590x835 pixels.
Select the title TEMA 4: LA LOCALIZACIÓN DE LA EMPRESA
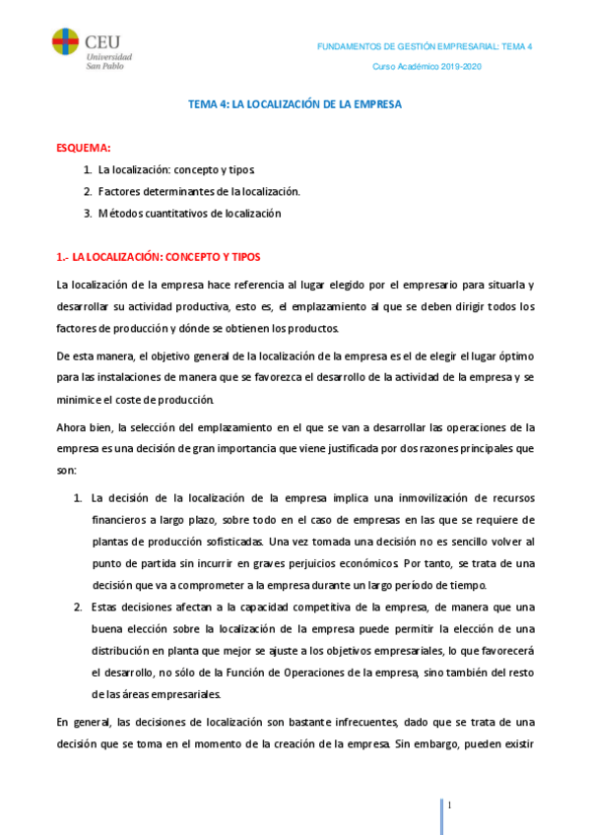coord(295,103)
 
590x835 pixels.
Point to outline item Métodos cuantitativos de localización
coord(189,213)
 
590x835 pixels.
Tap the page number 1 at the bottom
coord(449,805)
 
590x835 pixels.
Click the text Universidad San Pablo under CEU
coord(107,60)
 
